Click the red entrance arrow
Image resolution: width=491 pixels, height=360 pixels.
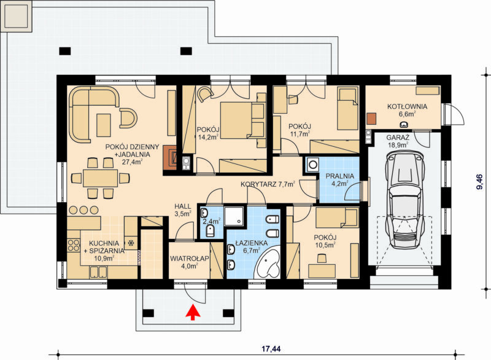[193, 311]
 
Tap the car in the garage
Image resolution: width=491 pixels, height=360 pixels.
[404, 200]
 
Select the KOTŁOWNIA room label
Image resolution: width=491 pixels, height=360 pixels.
[407, 106]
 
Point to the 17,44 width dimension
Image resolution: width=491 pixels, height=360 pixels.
[271, 349]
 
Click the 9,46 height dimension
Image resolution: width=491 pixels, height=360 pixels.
[479, 182]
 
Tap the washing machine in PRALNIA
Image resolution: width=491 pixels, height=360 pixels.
[312, 165]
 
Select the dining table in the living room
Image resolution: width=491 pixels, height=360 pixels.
[100, 178]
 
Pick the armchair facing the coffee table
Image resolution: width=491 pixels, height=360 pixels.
[128, 118]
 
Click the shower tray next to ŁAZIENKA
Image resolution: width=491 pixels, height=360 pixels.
[234, 216]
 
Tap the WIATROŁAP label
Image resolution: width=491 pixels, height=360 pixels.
[190, 259]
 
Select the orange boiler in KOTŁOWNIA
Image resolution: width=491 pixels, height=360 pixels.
[372, 119]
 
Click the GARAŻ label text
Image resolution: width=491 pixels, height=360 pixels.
[398, 138]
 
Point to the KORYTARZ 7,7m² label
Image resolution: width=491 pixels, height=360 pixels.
[268, 184]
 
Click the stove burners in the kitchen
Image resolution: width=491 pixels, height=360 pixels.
[74, 245]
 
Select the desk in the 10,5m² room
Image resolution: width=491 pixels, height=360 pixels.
[322, 271]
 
